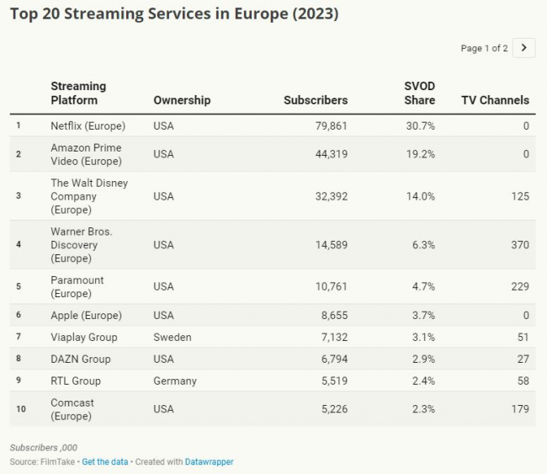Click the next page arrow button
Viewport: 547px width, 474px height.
pyautogui.click(x=523, y=48)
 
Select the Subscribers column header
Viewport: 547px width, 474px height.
pyautogui.click(x=316, y=100)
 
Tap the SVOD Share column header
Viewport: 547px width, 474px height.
pyautogui.click(x=419, y=93)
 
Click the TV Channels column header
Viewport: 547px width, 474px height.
pyautogui.click(x=495, y=100)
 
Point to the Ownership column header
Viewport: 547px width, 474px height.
pyautogui.click(x=182, y=100)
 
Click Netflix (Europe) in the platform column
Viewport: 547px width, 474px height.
pyautogui.click(x=88, y=126)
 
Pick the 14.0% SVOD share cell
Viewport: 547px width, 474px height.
pyautogui.click(x=422, y=196)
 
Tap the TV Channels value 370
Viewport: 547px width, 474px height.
pyautogui.click(x=519, y=245)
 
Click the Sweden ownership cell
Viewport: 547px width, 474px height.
pyautogui.click(x=172, y=337)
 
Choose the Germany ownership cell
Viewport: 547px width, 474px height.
pyautogui.click(x=175, y=381)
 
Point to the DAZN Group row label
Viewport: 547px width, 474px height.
pyautogui.click(x=81, y=359)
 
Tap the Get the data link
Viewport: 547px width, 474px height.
pyautogui.click(x=104, y=462)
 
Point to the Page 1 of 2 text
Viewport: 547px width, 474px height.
pyautogui.click(x=484, y=48)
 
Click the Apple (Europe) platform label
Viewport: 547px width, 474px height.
pyautogui.click(x=86, y=315)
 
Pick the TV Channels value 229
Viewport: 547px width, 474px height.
pyautogui.click(x=519, y=286)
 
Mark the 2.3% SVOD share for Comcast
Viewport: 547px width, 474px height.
pyautogui.click(x=422, y=409)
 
